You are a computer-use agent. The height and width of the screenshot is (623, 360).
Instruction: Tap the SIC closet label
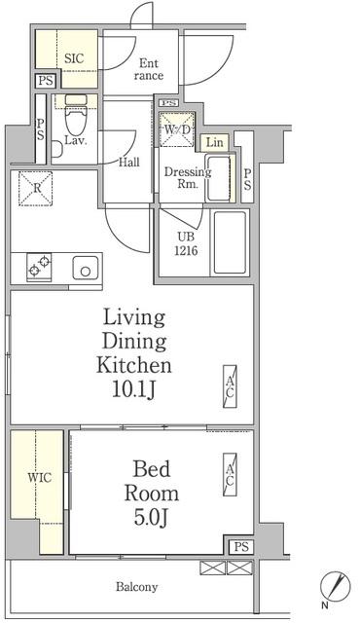[x=74, y=58]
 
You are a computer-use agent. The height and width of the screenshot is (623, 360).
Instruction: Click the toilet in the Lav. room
[x=76, y=115]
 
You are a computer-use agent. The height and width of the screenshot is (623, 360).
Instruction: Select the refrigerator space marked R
[x=35, y=188]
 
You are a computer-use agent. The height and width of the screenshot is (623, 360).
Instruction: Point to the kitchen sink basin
[x=86, y=268]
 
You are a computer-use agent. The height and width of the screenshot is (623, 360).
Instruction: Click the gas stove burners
[x=39, y=267]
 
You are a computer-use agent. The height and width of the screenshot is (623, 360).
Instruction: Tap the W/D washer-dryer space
[x=177, y=129]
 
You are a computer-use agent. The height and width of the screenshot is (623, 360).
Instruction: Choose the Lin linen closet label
[x=215, y=142]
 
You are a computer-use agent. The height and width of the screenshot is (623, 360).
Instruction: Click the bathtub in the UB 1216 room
[x=230, y=242]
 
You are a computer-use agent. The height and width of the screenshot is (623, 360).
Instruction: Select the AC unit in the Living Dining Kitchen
[x=230, y=386]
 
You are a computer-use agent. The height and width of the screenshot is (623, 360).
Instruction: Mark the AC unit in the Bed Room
[x=230, y=475]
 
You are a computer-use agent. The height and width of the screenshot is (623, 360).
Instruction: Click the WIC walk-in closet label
[x=39, y=477]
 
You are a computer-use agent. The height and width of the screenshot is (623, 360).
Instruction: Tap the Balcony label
[x=136, y=587]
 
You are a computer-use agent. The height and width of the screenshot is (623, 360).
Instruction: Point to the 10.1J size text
[x=133, y=389]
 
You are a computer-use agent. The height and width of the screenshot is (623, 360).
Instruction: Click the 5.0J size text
[x=151, y=517]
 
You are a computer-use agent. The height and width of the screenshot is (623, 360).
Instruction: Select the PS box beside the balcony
[x=241, y=547]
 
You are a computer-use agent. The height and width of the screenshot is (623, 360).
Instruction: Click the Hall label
[x=129, y=163]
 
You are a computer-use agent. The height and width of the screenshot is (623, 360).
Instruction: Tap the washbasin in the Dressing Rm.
[x=218, y=178]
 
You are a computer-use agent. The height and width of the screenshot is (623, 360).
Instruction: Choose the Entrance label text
[x=149, y=69]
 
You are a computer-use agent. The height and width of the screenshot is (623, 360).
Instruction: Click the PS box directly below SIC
[x=46, y=81]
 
